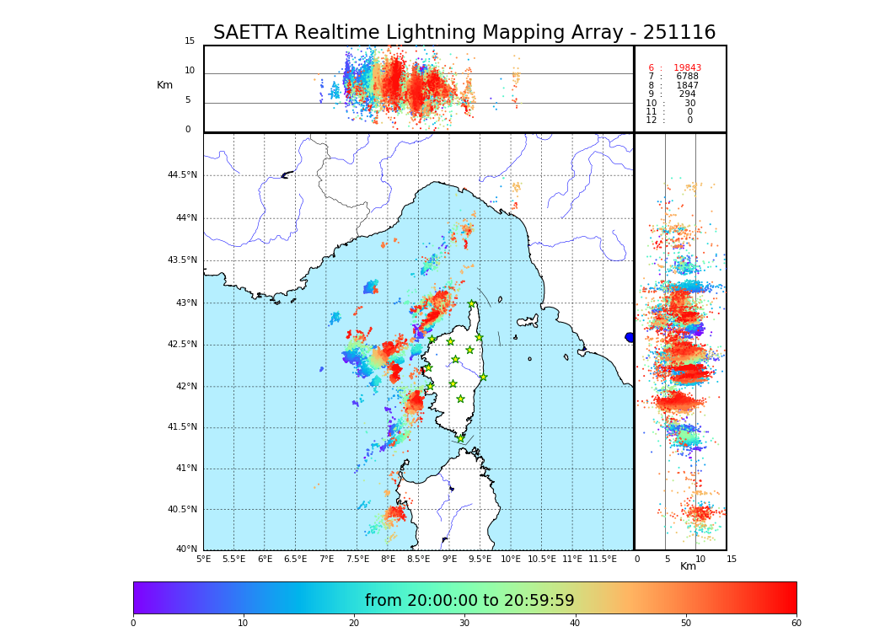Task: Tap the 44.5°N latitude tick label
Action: (182, 175)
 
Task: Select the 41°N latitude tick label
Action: (185, 469)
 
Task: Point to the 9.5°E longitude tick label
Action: (480, 560)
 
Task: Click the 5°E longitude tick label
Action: (203, 560)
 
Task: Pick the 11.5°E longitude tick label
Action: (603, 560)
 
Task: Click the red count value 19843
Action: (687, 68)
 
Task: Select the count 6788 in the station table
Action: (687, 77)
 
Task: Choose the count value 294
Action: (687, 94)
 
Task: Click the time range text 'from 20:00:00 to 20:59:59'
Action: (469, 601)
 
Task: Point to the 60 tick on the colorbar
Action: (796, 623)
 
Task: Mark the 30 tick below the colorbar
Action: (464, 623)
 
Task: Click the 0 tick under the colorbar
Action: (133, 623)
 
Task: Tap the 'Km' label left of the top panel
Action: (164, 85)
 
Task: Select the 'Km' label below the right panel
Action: (689, 566)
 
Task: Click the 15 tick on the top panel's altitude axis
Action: (190, 41)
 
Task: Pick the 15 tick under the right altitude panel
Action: (732, 559)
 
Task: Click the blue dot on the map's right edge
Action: (630, 337)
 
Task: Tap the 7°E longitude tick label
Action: (326, 560)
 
